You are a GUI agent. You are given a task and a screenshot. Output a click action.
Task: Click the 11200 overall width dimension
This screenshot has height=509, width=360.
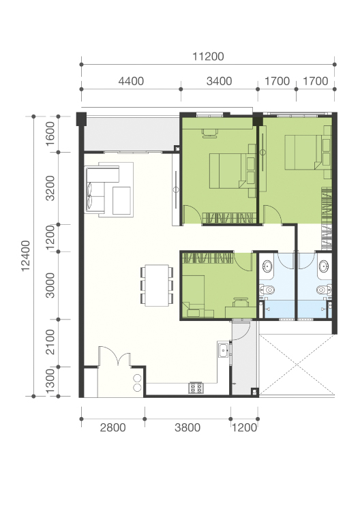tap(208, 57)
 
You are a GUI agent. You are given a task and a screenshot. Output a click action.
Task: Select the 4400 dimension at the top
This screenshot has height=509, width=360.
tap(131, 81)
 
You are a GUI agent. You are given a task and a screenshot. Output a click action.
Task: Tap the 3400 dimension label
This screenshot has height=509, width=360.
tap(220, 81)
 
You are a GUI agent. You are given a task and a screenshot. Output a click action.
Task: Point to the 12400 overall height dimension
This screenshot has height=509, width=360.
tap(26, 256)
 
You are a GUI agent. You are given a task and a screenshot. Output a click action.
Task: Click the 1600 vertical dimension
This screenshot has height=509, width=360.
tap(50, 134)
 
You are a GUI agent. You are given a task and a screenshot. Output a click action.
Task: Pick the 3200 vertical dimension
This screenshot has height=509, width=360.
tap(50, 188)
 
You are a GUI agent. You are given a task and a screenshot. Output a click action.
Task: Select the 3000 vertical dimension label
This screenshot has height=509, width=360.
tap(50, 286)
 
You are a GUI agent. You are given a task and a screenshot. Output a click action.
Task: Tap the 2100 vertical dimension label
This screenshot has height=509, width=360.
tap(50, 342)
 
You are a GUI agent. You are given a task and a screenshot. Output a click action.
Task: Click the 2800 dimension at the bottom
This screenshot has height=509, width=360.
tap(112, 427)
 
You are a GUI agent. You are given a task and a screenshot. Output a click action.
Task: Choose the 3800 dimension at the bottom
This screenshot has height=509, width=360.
tap(187, 427)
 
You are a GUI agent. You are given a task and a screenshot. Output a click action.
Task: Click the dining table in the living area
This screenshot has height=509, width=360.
tap(157, 286)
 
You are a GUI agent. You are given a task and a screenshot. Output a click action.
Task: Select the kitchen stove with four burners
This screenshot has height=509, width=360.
tap(196, 388)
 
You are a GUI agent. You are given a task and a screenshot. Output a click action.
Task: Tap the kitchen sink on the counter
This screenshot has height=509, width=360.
tap(223, 351)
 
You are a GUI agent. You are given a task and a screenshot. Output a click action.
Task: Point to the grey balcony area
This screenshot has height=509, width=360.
tap(131, 134)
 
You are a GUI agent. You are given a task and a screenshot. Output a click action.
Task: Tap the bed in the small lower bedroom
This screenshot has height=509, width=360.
tap(194, 296)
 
